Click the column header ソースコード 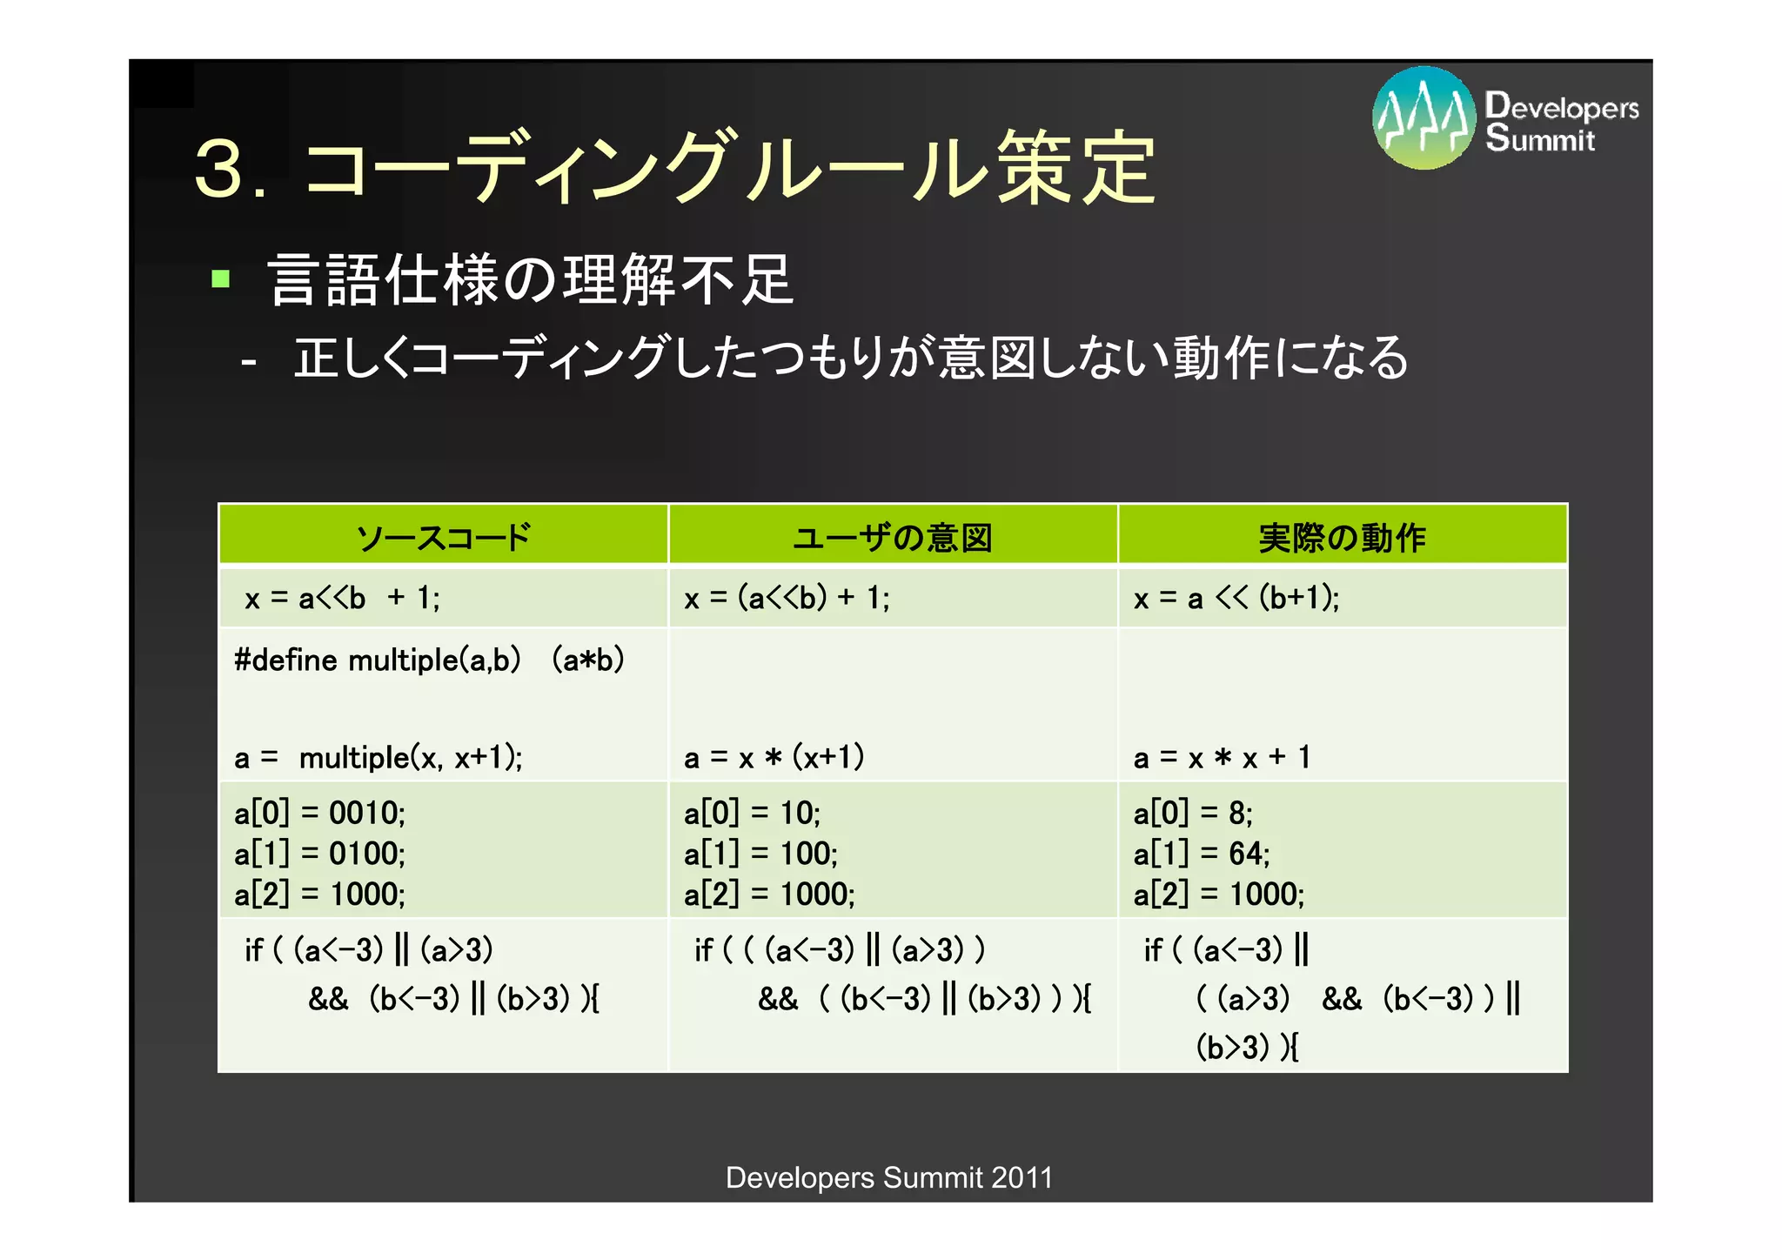coord(443,537)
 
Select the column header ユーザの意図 coord(893,537)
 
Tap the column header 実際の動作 coord(1342,537)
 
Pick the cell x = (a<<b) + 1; coord(787,598)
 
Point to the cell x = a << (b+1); coord(1236,598)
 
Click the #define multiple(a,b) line coord(429,660)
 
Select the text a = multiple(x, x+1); coord(379,757)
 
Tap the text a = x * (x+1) coord(774,757)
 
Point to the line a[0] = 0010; coord(319,813)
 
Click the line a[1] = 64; coord(1201,854)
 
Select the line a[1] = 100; coord(760,854)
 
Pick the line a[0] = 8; coord(1192,813)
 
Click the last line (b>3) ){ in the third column coord(1246,1047)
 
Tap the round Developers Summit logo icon coord(1424,118)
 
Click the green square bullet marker coord(220,279)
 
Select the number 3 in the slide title coord(218,168)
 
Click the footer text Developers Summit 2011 coord(889,1177)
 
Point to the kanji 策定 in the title coord(1075,168)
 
